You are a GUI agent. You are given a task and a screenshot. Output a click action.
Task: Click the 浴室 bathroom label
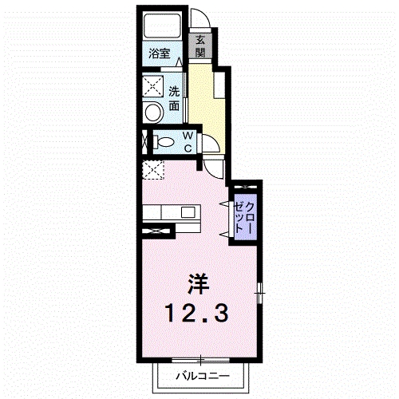point(160,54)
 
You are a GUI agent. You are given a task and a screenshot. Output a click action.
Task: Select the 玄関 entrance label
point(200,46)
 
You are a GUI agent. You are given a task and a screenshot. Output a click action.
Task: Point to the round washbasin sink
point(151,111)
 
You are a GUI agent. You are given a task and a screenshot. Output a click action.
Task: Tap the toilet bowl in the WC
point(164,142)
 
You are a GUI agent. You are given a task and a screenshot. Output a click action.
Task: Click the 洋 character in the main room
point(198,283)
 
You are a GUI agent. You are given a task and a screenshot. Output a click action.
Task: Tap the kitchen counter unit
point(172,212)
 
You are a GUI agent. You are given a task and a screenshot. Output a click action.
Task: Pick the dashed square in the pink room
point(152,168)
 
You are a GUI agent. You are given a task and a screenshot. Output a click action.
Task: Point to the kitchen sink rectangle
point(188,212)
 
